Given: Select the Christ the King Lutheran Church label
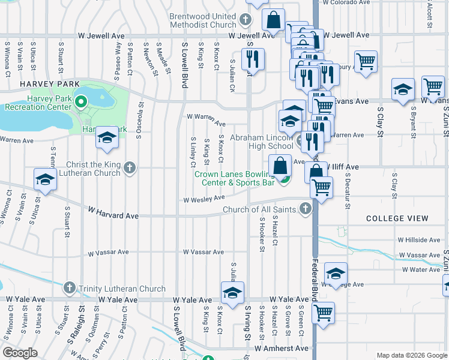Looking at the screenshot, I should tap(86, 169).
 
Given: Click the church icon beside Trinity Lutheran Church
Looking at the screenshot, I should tap(70, 289).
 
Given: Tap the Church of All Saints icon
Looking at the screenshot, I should tap(306, 209).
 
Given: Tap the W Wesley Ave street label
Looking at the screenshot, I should tap(203, 199).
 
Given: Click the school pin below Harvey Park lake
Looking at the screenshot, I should tap(107, 138).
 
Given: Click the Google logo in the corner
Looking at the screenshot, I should tap(20, 353).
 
